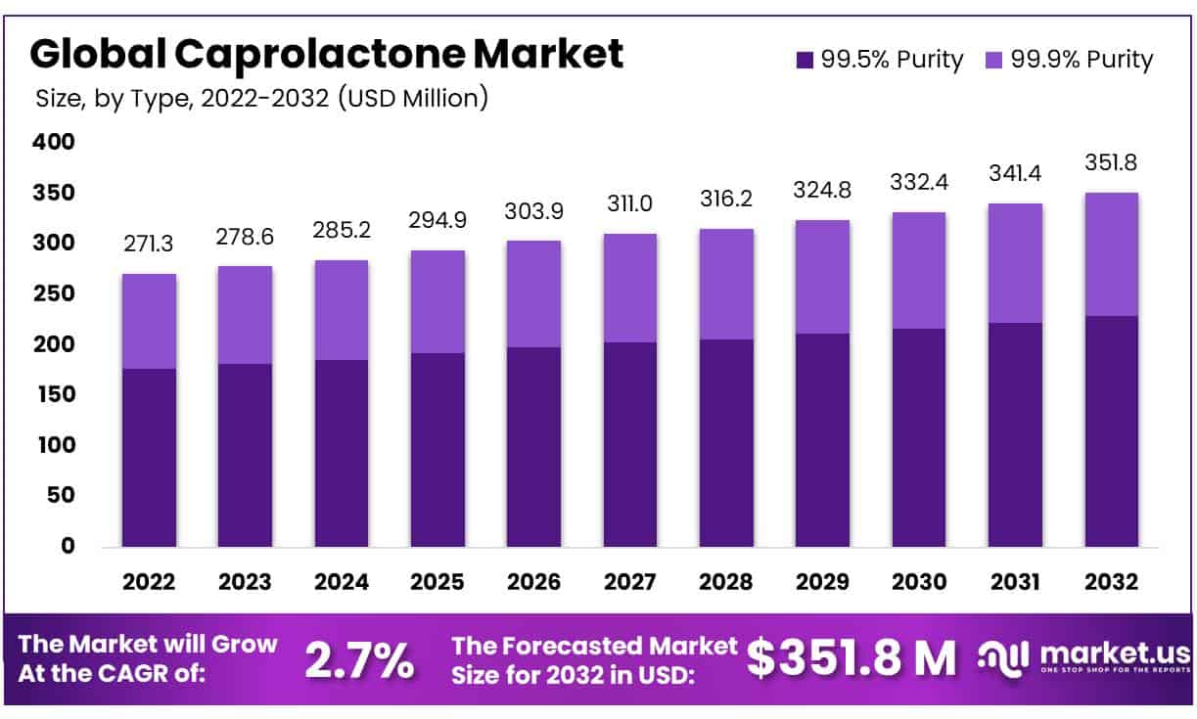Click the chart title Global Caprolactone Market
point(326,54)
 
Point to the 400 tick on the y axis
point(56,143)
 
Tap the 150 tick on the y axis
point(56,394)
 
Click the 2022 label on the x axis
point(149,582)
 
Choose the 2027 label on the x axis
point(629,582)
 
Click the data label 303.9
point(533,211)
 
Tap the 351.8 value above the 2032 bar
point(1111,163)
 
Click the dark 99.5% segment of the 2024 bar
point(341,453)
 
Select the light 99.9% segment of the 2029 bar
point(822,277)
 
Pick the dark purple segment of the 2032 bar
point(1111,430)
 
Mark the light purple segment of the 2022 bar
point(149,321)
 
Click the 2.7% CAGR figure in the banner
point(359,660)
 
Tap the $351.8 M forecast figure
point(851,658)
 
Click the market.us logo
point(1083,658)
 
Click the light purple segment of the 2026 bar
point(533,293)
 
